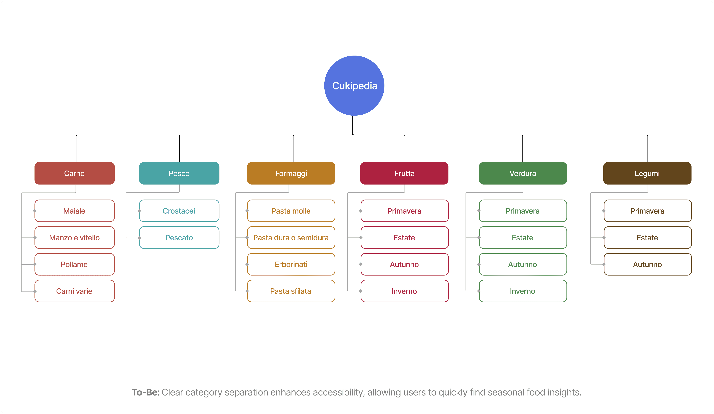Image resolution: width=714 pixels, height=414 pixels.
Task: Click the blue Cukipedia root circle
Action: [x=354, y=85]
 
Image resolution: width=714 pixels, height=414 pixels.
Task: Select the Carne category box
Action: [x=74, y=173]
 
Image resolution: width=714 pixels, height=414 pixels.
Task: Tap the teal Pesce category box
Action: [x=179, y=173]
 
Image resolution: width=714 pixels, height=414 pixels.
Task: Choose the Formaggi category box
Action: [x=291, y=173]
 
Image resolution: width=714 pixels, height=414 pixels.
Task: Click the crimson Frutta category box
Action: [x=404, y=173]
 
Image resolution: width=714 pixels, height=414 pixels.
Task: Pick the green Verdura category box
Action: [x=523, y=173]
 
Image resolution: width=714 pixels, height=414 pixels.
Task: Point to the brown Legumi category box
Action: [x=647, y=173]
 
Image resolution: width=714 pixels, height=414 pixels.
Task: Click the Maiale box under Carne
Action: [x=74, y=211]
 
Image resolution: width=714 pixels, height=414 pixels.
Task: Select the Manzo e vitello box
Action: [x=74, y=238]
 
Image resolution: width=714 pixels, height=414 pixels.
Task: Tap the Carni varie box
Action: [x=74, y=291]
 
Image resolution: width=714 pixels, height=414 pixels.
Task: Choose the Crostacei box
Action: [x=179, y=211]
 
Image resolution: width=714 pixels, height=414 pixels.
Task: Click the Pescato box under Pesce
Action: [x=179, y=238]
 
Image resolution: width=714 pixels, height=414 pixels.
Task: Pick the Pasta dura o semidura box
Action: [x=291, y=238]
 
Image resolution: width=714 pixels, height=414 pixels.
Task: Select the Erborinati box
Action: [x=291, y=264]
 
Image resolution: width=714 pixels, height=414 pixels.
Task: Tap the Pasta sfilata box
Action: [x=291, y=291]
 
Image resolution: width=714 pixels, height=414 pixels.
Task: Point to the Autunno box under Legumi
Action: [x=648, y=264]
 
